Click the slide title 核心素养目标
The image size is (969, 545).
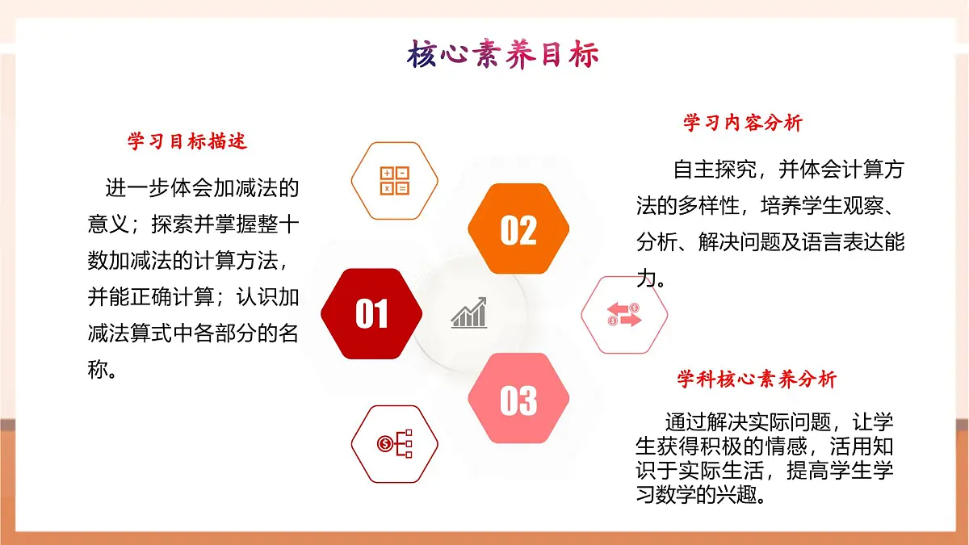point(503,56)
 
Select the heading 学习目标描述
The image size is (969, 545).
point(187,142)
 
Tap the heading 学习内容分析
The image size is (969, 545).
point(743,123)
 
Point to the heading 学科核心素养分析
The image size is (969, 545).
point(757,379)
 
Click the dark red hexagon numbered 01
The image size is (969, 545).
point(371,314)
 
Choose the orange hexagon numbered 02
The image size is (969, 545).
point(518,230)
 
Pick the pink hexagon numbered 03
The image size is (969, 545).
point(518,400)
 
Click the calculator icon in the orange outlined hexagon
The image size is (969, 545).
point(395,181)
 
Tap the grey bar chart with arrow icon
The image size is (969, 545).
point(469,313)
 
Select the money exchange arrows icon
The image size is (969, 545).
point(624,314)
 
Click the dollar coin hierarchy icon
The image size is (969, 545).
point(395,443)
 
